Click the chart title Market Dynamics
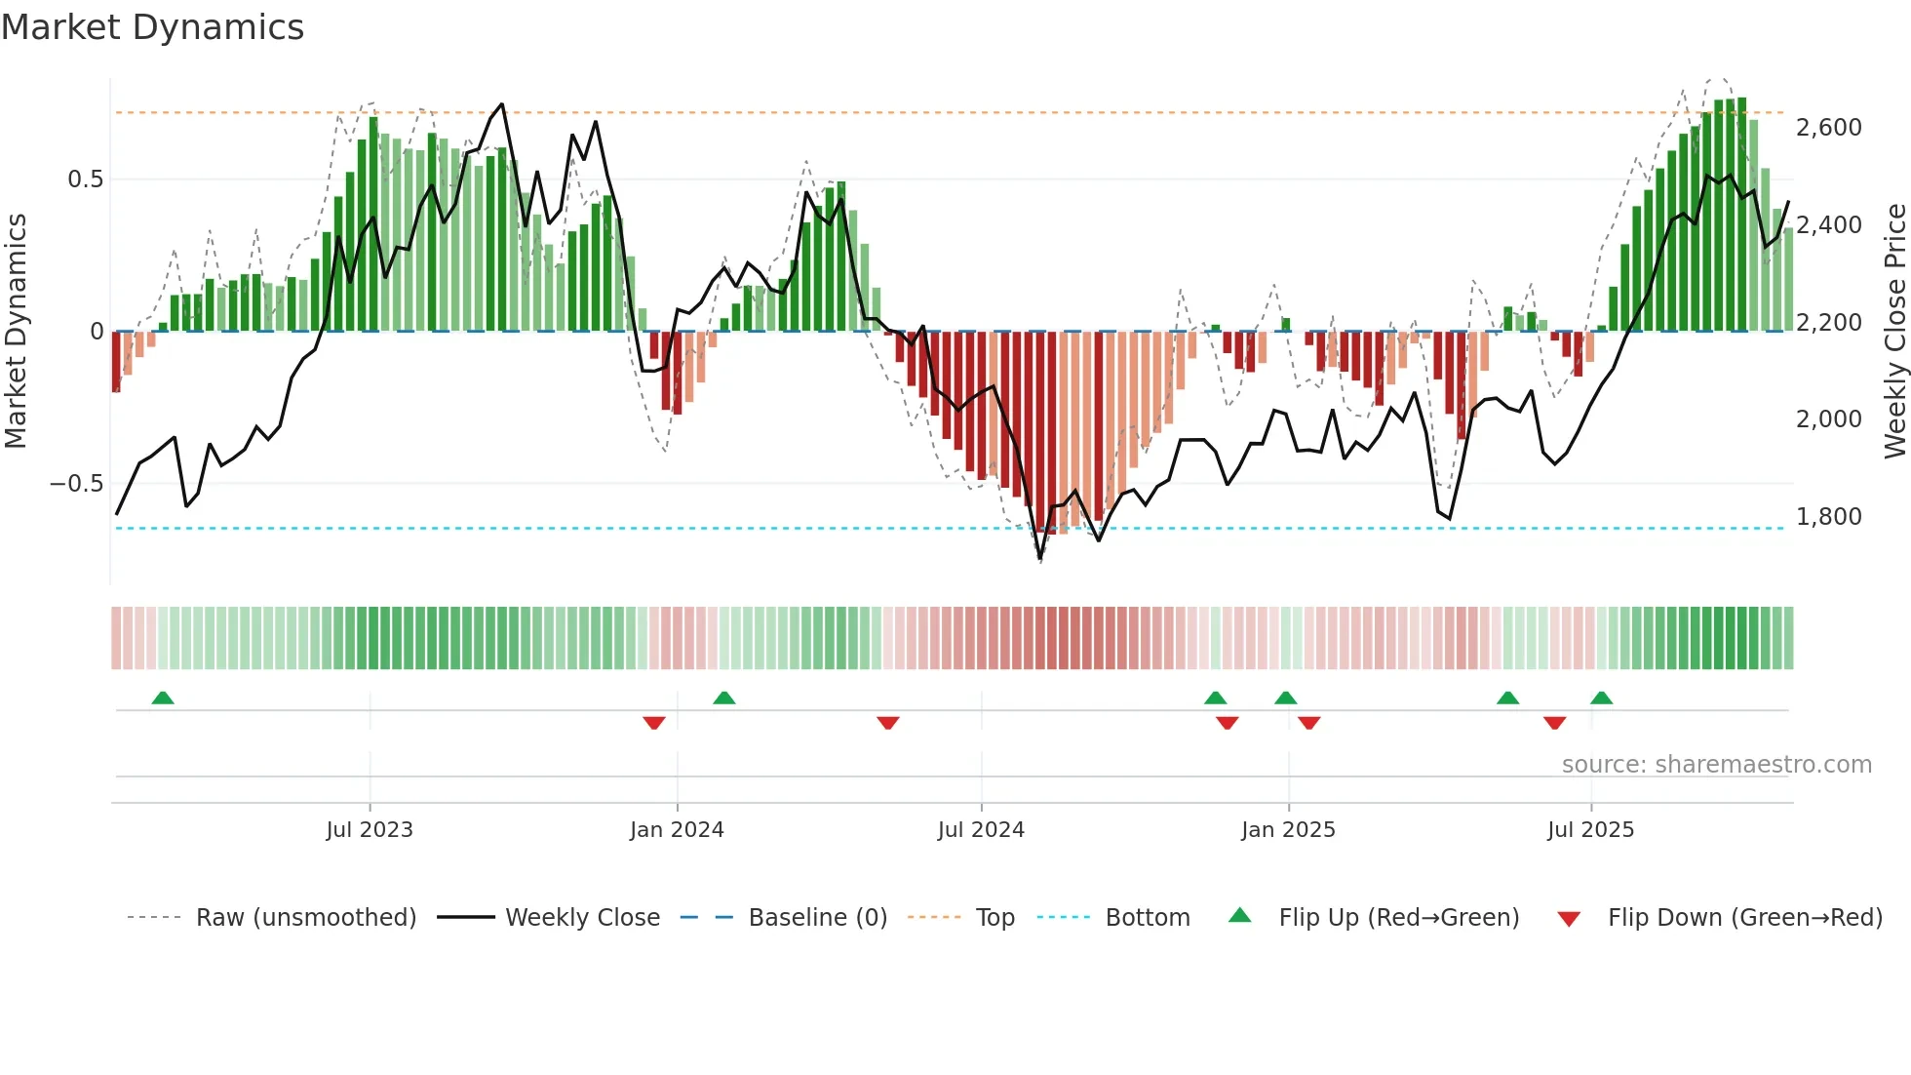(153, 27)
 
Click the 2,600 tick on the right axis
(1828, 128)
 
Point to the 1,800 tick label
(1828, 517)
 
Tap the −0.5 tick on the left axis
(76, 484)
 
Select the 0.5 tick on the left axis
(85, 179)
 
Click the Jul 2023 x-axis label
(370, 830)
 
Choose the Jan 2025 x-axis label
(1288, 830)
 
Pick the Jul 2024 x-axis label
(981, 830)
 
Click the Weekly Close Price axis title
(1894, 332)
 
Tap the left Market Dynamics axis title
(17, 332)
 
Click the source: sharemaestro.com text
(1716, 765)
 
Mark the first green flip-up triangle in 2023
(163, 698)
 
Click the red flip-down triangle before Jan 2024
(654, 723)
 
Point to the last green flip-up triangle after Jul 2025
(1601, 698)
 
